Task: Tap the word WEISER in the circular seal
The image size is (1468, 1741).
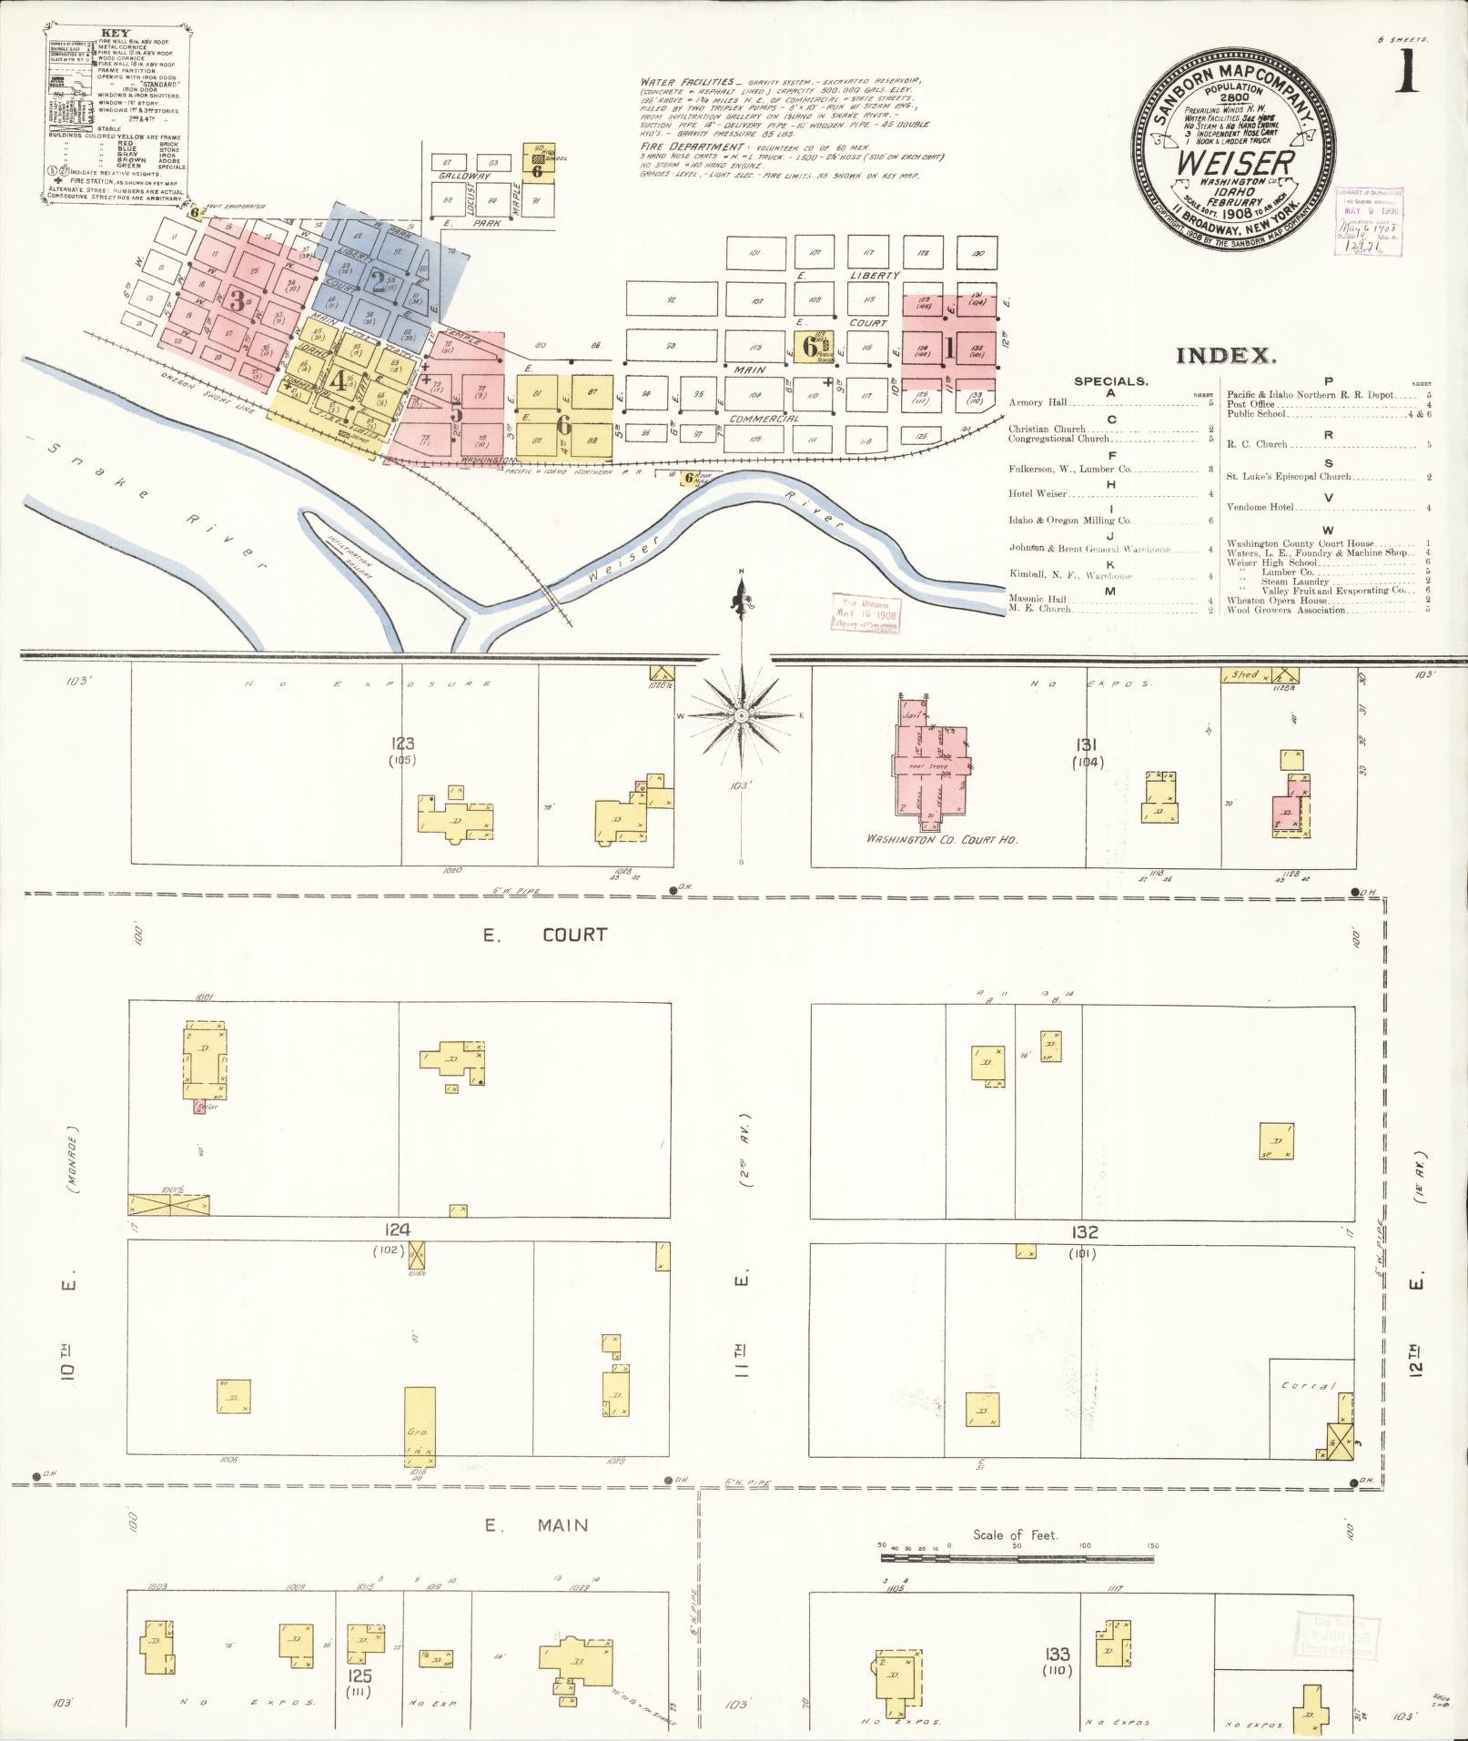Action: point(1234,164)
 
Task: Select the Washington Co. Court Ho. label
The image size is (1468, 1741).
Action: point(942,839)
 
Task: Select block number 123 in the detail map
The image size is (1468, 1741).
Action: point(402,744)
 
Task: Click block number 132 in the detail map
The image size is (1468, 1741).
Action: point(1084,1232)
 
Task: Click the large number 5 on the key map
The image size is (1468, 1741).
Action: point(456,412)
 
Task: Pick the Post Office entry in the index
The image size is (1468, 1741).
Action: point(1252,404)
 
